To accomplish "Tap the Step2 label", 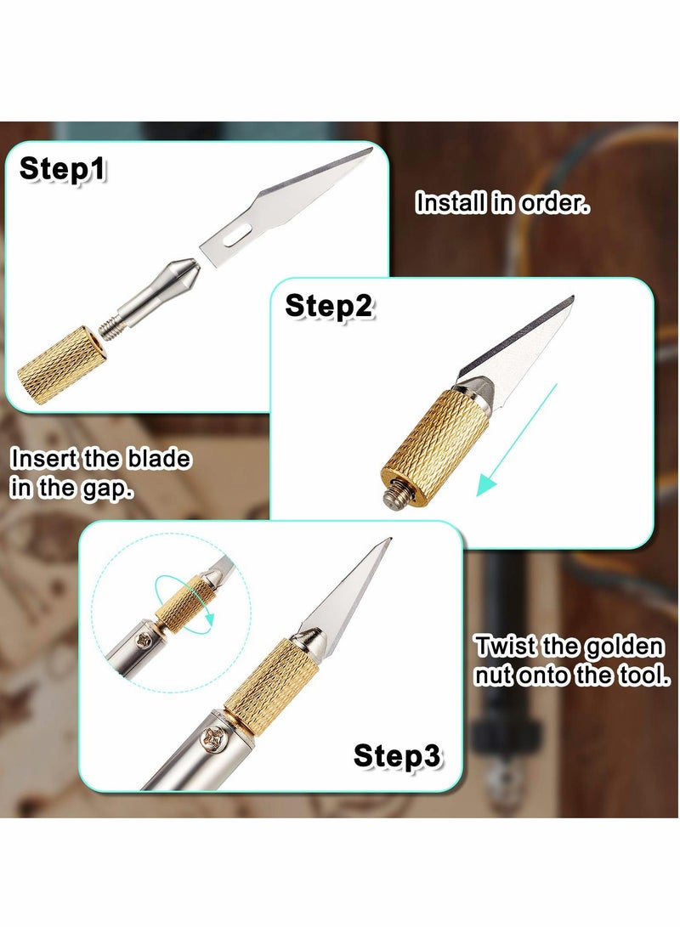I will [329, 305].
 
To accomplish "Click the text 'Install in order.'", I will [502, 203].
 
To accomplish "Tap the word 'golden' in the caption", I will [623, 647].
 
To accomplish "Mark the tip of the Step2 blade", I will [572, 297].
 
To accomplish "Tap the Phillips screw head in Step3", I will [208, 740].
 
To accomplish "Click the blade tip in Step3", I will [388, 540].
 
